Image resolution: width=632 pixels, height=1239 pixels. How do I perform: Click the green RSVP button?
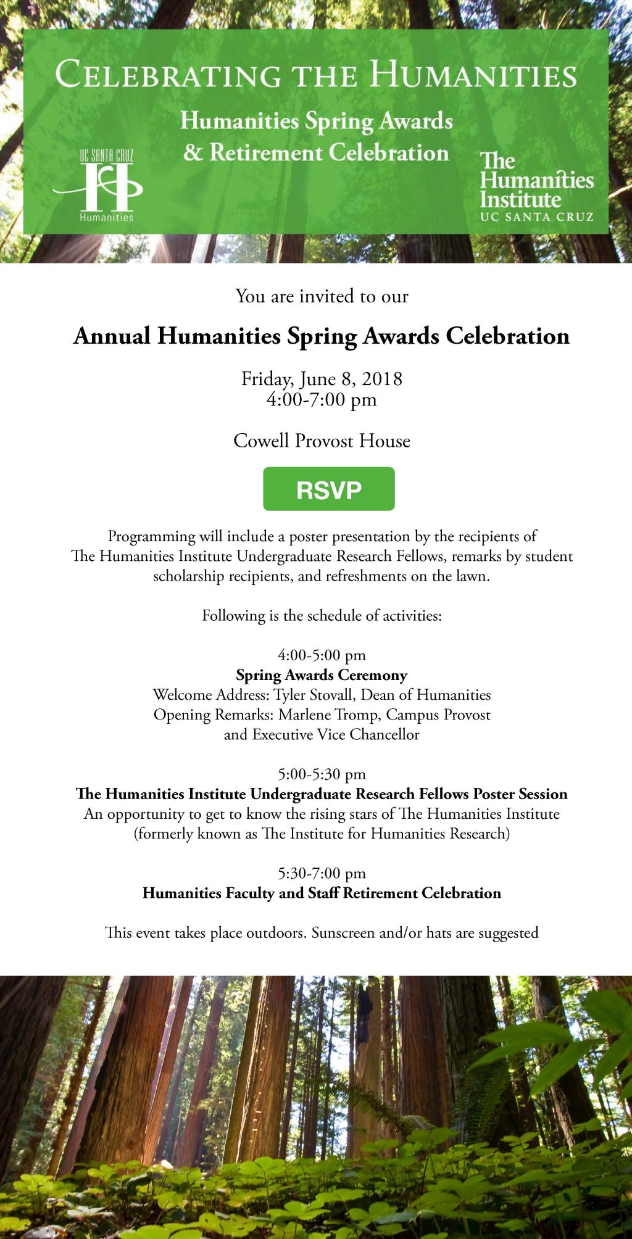pos(328,489)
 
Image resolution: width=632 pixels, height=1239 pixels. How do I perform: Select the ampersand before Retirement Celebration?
pos(193,152)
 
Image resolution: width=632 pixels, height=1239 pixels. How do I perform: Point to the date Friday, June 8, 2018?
pos(322,378)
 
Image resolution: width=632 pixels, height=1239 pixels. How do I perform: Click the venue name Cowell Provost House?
pos(322,441)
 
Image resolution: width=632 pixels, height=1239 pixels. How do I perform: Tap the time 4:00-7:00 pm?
pos(322,399)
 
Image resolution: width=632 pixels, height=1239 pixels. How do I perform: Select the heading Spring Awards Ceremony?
pos(322,675)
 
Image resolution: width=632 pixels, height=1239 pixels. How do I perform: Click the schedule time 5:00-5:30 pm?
pos(322,774)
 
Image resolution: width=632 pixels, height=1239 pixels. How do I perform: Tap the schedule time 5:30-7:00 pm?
pos(322,873)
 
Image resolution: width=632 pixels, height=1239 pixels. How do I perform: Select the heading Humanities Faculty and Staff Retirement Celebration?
pos(322,893)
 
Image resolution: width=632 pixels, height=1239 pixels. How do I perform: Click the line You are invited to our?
pos(322,296)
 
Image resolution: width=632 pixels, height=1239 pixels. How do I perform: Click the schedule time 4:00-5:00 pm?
pos(322,655)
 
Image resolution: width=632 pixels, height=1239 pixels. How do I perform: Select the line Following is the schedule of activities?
pos(322,615)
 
